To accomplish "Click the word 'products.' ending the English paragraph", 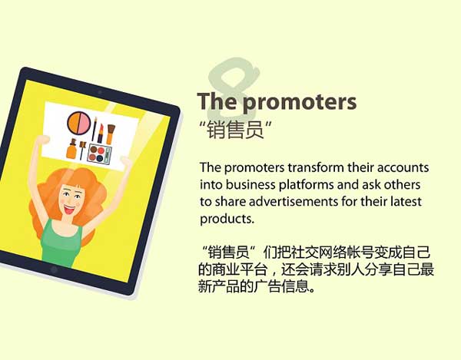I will [x=226, y=220].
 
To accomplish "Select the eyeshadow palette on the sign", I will [x=98, y=153].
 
